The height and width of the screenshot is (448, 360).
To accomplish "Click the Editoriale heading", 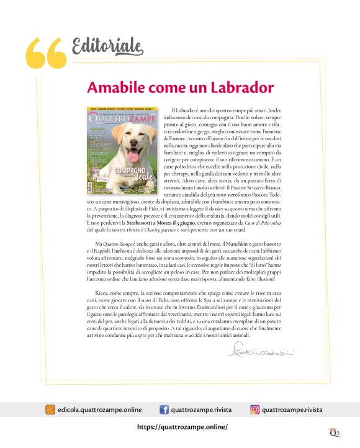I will click(x=107, y=46).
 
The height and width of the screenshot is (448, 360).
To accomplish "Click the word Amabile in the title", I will click(x=114, y=87).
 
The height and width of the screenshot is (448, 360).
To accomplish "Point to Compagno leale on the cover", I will click(x=132, y=173).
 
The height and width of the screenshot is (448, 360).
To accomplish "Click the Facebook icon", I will click(x=164, y=410).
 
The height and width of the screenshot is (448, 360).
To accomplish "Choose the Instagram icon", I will click(x=254, y=410).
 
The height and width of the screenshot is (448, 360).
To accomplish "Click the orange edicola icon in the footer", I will click(x=50, y=410).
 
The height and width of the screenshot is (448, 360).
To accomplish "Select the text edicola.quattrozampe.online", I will click(x=99, y=410).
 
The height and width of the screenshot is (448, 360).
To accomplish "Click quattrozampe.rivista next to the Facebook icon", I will click(x=201, y=410).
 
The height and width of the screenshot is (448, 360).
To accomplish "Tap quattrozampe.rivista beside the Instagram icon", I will click(x=292, y=410).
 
